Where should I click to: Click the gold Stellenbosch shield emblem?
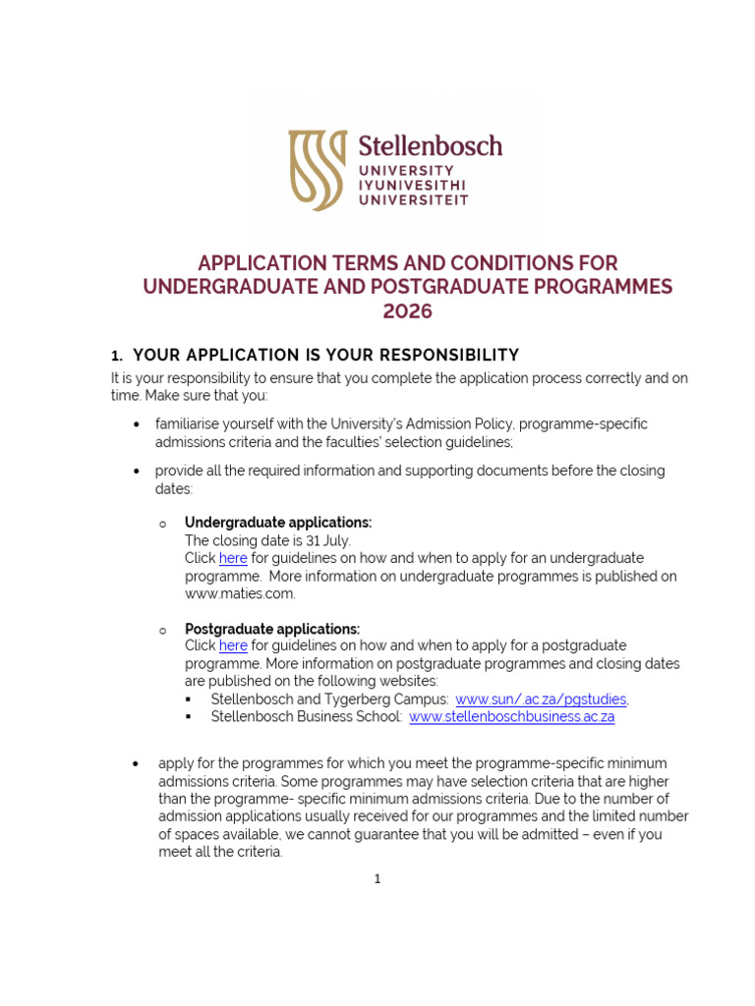coord(317,171)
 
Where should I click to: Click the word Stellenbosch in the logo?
coord(430,146)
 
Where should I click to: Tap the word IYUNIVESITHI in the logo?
coord(413,185)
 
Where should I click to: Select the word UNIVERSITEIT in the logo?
coord(413,199)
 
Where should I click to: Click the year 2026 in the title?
coord(407,311)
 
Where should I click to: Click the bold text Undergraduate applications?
coord(278,523)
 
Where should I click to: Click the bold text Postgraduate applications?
coord(272,629)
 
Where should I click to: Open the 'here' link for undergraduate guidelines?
coord(233,558)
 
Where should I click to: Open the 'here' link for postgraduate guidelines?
coord(233,645)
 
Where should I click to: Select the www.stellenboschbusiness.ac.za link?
coord(511,717)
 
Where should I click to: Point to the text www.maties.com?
coord(240,593)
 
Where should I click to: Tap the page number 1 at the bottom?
coord(377,879)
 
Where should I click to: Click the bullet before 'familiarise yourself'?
coord(136,424)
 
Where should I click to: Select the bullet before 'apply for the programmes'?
coord(136,764)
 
